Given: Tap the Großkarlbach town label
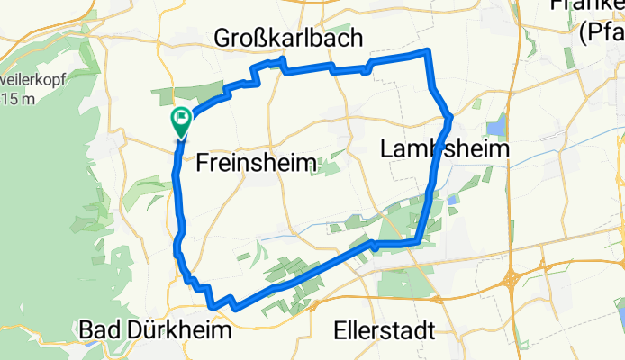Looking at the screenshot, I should click(x=288, y=38).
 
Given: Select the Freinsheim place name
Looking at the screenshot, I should click(x=256, y=163).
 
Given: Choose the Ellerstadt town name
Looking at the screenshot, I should click(x=384, y=330).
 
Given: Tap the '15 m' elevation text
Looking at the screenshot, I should click(x=18, y=98).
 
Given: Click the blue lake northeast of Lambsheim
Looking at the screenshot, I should click(x=496, y=129).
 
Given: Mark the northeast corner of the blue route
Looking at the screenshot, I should click(x=430, y=52).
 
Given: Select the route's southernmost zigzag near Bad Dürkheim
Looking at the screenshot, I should click(x=233, y=306).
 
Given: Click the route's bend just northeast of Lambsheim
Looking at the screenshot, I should click(x=448, y=115).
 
